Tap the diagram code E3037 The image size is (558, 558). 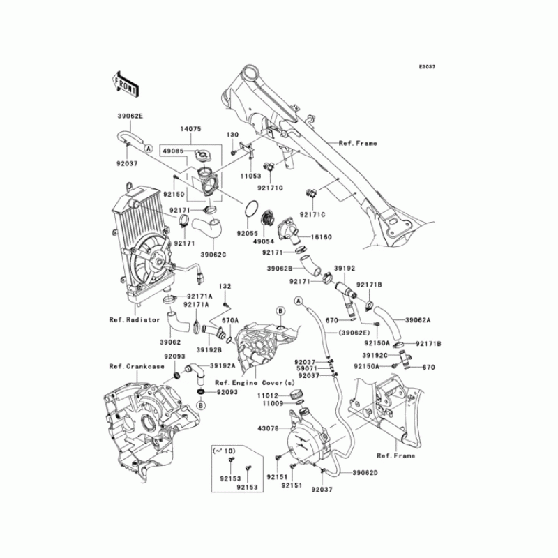coord(426,67)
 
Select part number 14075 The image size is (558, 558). coord(171,130)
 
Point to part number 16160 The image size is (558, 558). coord(322,237)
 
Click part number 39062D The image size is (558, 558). coord(365,474)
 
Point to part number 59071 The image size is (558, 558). coord(306,369)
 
